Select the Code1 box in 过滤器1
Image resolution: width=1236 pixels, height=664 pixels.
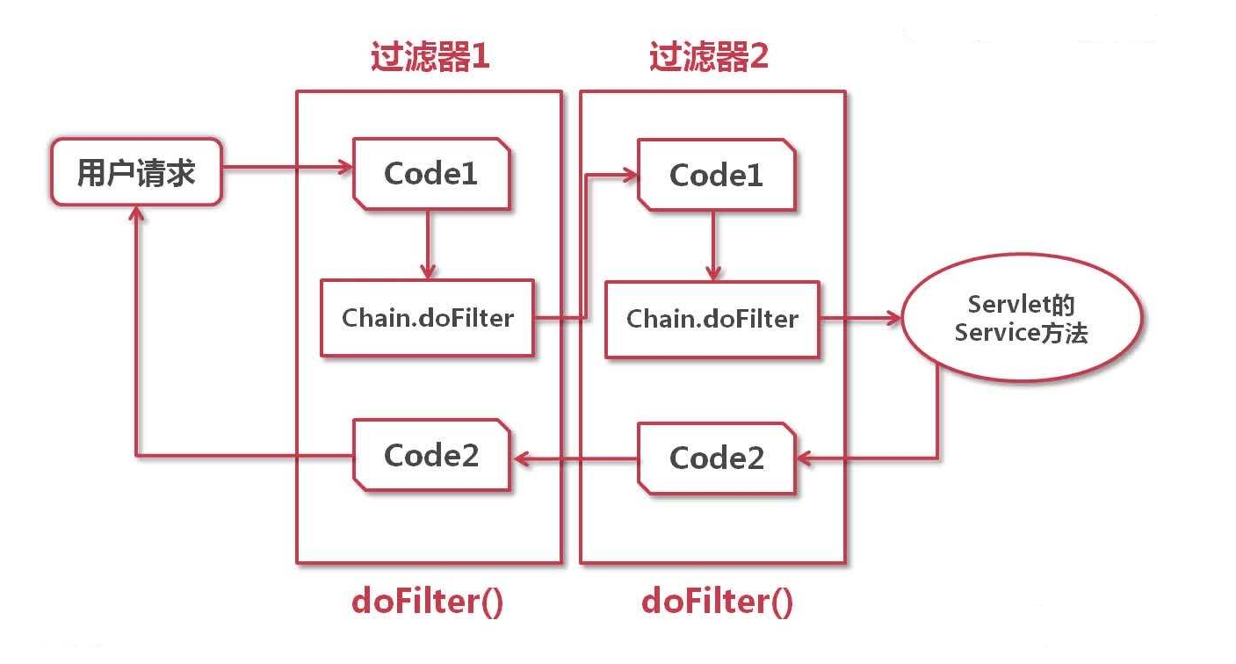pos(430,174)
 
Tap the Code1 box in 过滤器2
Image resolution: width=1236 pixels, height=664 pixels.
pos(716,176)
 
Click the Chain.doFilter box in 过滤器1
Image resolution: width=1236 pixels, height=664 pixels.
pos(427,318)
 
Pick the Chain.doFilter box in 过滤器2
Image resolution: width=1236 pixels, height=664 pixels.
pos(712,319)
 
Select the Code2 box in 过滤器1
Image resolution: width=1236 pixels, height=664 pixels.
pos(430,455)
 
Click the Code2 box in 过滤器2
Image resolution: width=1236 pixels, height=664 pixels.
pos(716,457)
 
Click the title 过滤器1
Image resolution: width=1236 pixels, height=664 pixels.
pos(429,58)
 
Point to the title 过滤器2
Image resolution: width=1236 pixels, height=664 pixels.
pos(709,58)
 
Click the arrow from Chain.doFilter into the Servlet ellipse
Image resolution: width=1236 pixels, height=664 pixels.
pos(861,319)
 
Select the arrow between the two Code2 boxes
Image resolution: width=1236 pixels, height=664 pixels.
pos(575,456)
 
